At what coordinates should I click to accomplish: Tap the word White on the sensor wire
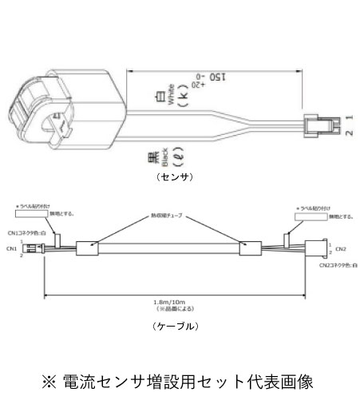pos(170,100)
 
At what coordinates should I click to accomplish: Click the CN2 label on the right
pos(340,248)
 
